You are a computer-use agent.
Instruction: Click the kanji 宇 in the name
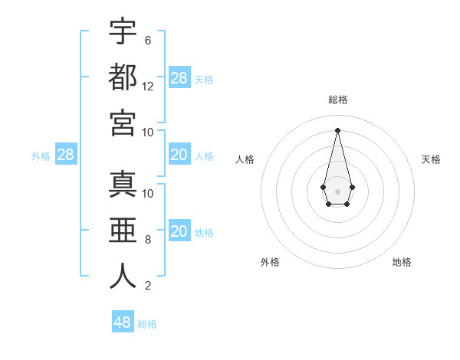[123, 32]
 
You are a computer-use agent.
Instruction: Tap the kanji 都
[123, 77]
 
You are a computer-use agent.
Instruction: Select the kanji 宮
[123, 123]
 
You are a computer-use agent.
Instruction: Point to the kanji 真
[123, 185]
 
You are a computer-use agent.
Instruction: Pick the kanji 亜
[123, 231]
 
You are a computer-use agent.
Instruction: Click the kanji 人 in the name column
[123, 277]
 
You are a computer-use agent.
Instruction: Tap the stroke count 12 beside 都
[148, 86]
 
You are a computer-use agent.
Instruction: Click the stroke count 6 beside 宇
[147, 40]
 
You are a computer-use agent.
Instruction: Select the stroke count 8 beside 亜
[147, 240]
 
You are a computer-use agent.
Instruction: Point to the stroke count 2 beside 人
[147, 286]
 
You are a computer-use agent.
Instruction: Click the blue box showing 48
[123, 322]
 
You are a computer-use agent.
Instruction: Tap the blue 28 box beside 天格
[179, 78]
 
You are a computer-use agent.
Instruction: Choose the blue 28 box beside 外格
[65, 155]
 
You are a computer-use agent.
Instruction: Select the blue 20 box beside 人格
[179, 155]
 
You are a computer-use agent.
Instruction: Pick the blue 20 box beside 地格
[179, 232]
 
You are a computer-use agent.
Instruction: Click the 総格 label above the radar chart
[337, 100]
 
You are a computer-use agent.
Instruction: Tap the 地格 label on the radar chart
[402, 262]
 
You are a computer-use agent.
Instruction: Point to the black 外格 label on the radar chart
[270, 262]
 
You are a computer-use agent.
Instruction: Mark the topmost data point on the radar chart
[337, 129]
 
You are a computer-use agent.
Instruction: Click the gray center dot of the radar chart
[337, 191]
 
